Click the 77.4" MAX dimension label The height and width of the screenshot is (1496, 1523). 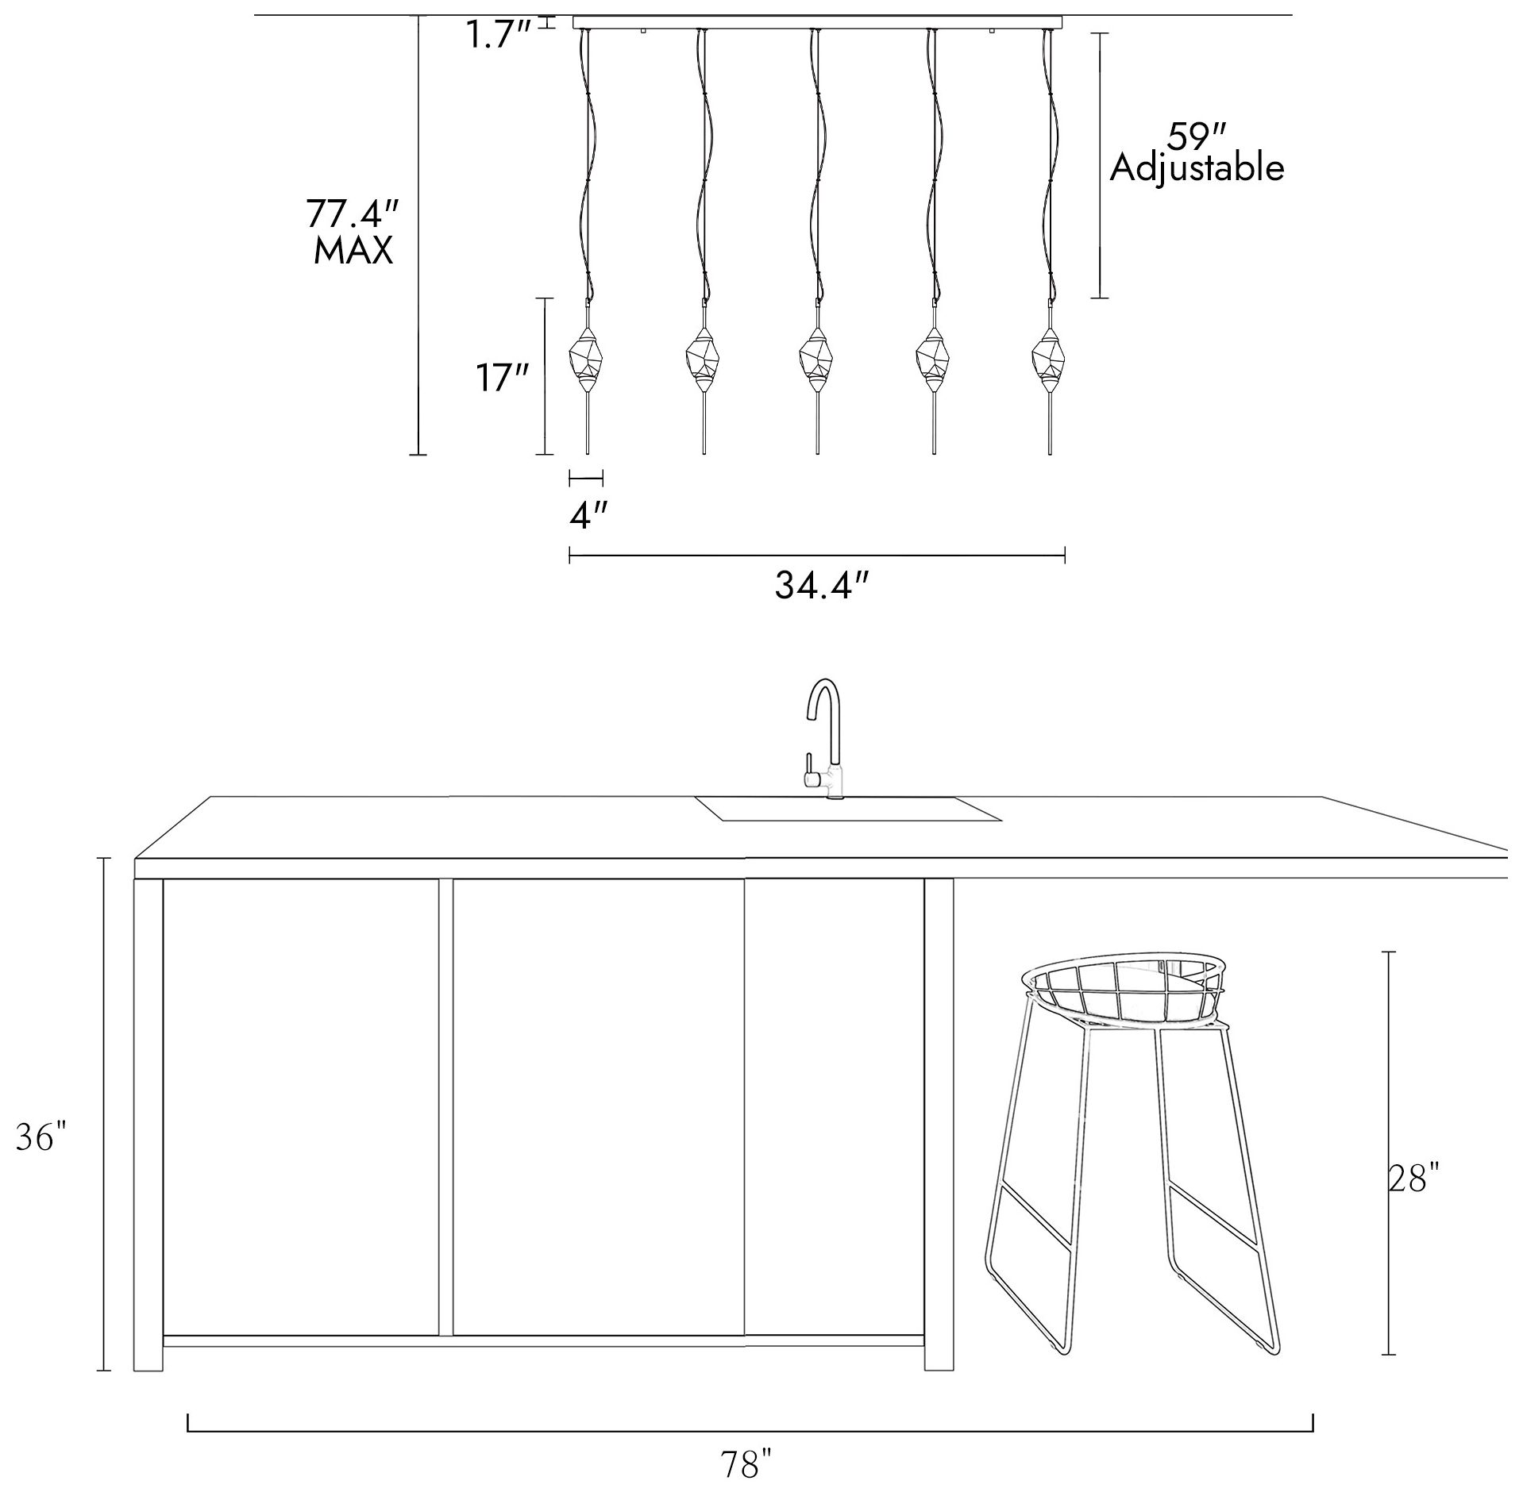[352, 232]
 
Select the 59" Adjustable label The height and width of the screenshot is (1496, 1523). [1197, 152]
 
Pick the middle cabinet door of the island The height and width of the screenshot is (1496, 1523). [598, 1107]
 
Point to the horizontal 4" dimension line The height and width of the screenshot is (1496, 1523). [586, 478]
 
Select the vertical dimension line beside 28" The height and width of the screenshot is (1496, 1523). [1389, 1152]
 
